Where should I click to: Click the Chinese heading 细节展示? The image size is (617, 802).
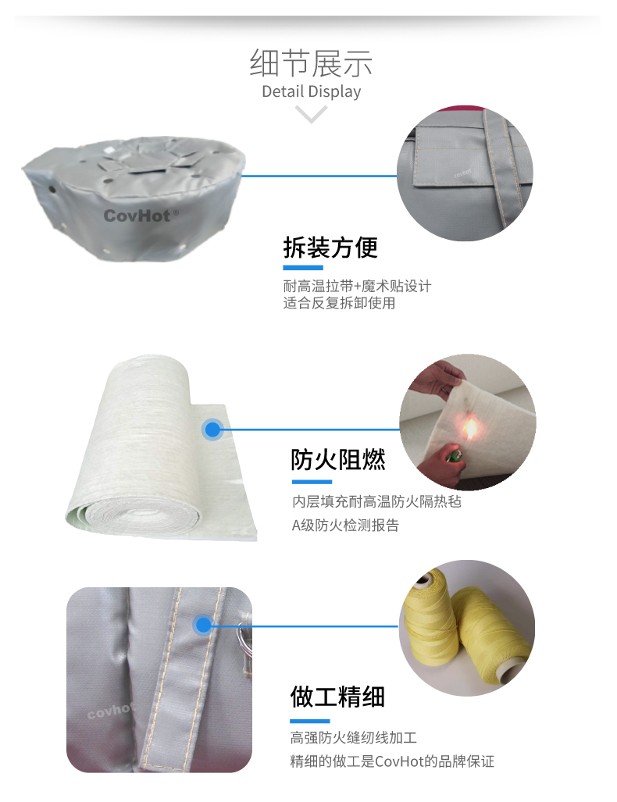coord(311,63)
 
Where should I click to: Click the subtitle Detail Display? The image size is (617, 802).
coord(311,91)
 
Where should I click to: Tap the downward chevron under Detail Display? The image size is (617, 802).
coord(311,113)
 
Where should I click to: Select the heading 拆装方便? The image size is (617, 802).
coord(330,248)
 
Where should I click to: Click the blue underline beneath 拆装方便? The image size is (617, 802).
coord(303,268)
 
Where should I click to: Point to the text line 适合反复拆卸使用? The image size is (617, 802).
coord(339,303)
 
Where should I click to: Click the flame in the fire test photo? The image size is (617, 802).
coord(469,428)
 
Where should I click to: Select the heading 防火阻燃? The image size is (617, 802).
coord(337,460)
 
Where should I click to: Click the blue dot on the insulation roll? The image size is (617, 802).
coord(212,430)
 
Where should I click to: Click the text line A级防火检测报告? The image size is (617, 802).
coord(345,526)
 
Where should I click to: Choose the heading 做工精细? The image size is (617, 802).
coord(337,697)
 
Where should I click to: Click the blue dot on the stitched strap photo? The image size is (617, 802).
coord(203,625)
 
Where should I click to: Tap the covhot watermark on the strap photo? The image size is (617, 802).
coord(110,711)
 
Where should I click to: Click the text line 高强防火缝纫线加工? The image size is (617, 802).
coord(354,737)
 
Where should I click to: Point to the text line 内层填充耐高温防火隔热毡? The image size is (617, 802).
coord(376,501)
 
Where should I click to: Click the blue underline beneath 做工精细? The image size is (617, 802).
coord(309,722)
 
